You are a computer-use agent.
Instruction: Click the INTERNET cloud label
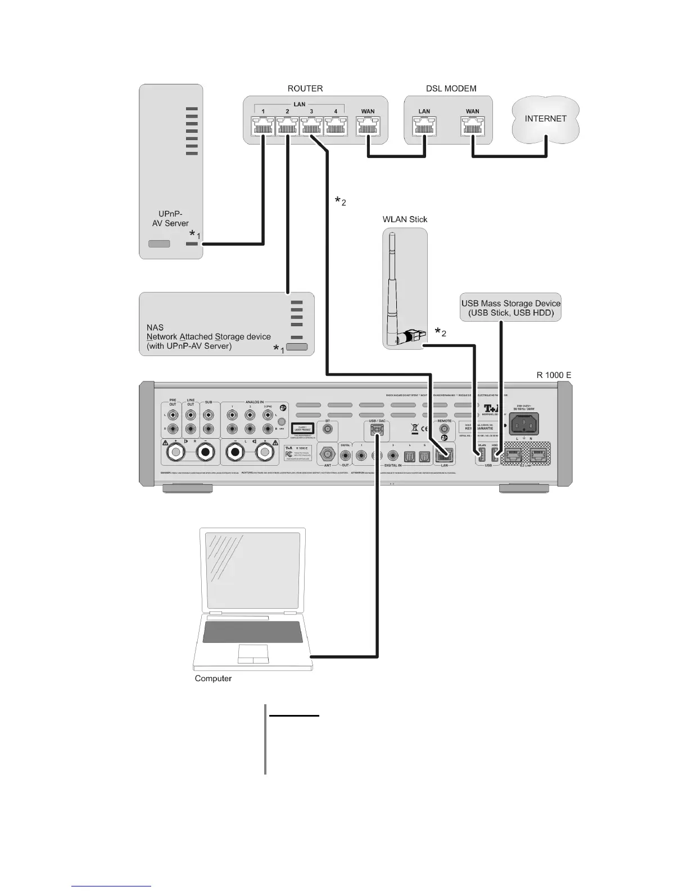[x=545, y=119]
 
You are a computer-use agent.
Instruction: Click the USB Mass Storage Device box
[x=510, y=308]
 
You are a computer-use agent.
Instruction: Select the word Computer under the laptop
[x=213, y=678]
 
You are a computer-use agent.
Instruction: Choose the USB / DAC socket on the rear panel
[x=377, y=431]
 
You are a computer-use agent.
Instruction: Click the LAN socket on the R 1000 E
[x=445, y=454]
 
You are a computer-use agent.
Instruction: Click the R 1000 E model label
[x=554, y=375]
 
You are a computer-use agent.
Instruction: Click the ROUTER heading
[x=305, y=88]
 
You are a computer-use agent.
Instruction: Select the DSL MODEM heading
[x=451, y=88]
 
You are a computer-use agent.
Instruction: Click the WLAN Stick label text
[x=405, y=219]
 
